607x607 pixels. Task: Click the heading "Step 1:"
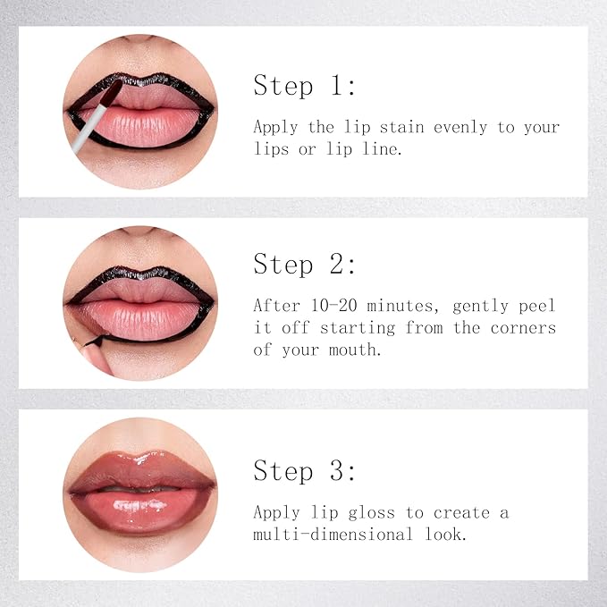tap(304, 86)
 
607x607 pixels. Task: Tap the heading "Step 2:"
tap(304, 265)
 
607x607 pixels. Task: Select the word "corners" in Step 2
tap(523, 327)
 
